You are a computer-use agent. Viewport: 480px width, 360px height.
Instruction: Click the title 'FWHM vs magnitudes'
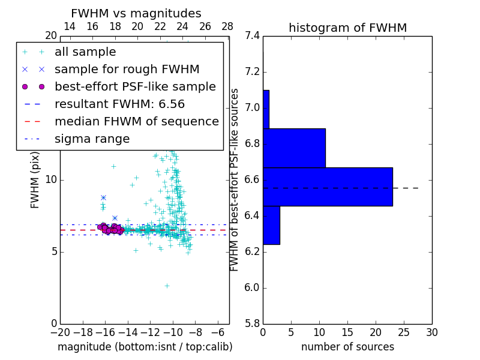[x=136, y=13]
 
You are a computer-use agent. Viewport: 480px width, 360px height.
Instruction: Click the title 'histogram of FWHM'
[x=347, y=28]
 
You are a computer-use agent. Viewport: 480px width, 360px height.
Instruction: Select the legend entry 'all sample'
[x=85, y=52]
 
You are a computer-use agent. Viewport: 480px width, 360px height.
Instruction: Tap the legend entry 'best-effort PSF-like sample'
[x=135, y=87]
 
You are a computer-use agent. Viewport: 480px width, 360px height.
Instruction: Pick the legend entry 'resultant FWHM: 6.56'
[x=119, y=104]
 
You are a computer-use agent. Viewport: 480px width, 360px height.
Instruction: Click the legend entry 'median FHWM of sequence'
[x=136, y=122]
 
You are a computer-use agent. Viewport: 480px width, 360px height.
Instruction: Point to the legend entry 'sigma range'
[x=92, y=139]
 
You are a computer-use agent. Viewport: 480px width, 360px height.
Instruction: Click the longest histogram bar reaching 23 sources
[x=328, y=187]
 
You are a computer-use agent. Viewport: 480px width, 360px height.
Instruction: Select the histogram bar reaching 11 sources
[x=294, y=148]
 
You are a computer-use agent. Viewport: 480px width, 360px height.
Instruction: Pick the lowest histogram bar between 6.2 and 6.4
[x=271, y=225]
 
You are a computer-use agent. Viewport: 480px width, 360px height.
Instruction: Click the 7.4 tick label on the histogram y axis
[x=252, y=36]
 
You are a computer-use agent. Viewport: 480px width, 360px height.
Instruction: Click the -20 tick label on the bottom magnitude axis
[x=58, y=332]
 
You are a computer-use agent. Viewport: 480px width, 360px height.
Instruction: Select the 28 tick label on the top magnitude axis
[x=227, y=26]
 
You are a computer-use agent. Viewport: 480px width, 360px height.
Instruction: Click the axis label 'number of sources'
[x=347, y=347]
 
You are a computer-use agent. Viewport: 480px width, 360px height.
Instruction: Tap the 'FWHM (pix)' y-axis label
[x=35, y=179]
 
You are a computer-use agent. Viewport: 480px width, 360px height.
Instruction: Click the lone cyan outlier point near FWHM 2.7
[x=167, y=286]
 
